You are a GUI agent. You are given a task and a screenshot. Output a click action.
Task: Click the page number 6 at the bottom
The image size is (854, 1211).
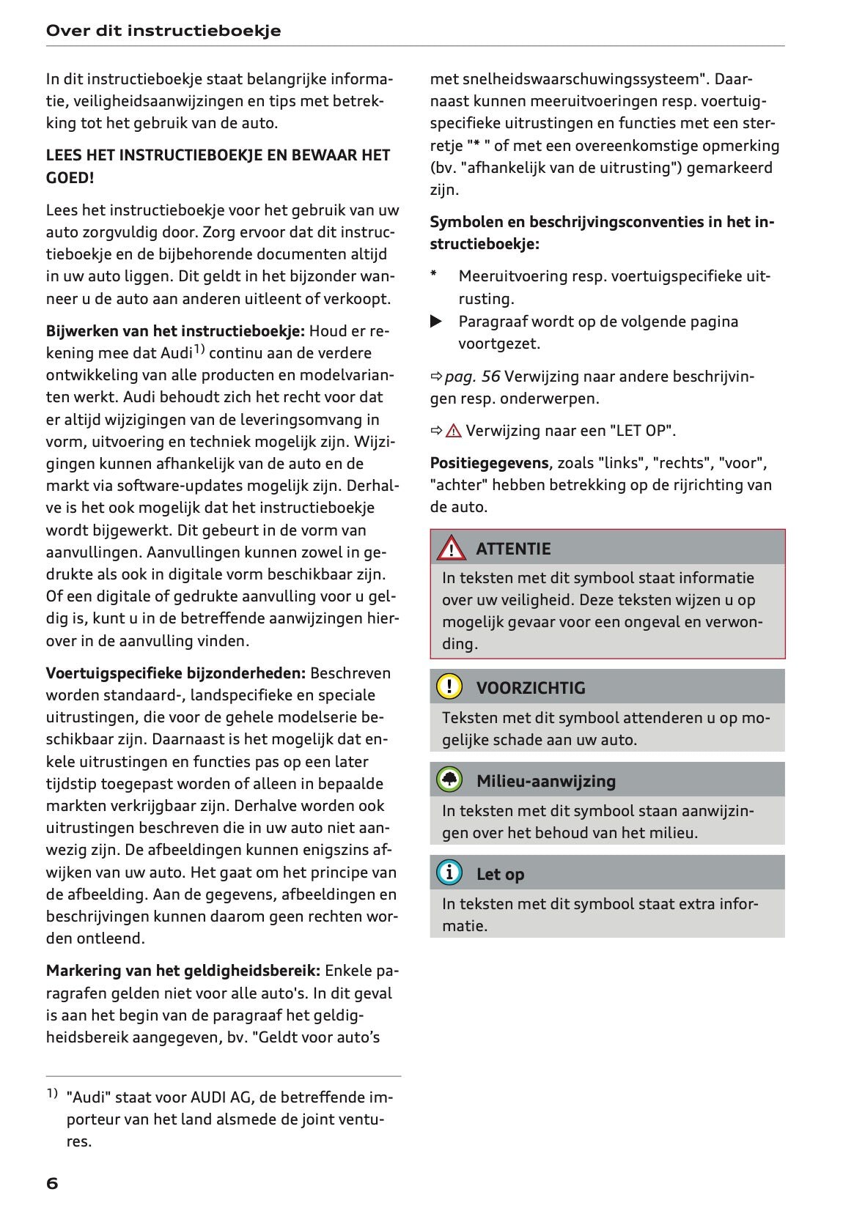[x=52, y=1183]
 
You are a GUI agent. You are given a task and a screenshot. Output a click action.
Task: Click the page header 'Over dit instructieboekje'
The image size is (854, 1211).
[x=163, y=31]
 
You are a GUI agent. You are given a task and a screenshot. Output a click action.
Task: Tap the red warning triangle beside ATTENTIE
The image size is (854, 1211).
[x=450, y=548]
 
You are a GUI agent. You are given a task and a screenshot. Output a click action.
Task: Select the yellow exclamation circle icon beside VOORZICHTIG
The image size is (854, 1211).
[x=449, y=686]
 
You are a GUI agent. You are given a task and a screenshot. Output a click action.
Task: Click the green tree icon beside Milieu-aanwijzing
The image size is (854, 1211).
[x=449, y=780]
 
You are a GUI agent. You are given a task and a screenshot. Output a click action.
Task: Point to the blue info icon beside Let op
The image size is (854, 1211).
[x=449, y=873]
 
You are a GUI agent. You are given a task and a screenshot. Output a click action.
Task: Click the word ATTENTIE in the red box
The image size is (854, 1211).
[x=513, y=549]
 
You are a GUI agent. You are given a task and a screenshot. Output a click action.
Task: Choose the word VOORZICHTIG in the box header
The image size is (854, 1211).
[x=531, y=688]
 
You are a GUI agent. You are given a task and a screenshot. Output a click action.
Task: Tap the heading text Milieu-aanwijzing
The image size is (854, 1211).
[x=546, y=781]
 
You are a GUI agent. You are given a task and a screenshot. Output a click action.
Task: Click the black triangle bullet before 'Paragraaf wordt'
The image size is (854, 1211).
[x=436, y=321]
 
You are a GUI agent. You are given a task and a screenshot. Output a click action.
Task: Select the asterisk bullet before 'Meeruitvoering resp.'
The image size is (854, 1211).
[x=434, y=275]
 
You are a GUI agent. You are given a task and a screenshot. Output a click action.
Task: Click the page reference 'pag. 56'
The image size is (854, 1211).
[x=472, y=377]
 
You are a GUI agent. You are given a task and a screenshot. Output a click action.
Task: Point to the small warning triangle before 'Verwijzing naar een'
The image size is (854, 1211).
[x=454, y=431]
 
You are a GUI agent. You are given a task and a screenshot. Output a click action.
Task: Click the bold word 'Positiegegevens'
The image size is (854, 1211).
[x=489, y=463]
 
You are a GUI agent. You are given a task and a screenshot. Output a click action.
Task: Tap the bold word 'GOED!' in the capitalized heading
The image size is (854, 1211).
[x=70, y=177]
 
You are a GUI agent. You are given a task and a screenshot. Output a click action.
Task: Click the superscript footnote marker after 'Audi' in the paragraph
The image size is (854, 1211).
[x=199, y=349]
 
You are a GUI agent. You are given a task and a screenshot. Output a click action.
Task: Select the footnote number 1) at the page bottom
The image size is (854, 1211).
[x=52, y=1094]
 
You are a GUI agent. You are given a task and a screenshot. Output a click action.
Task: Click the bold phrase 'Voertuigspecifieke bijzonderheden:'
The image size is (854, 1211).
[x=176, y=673]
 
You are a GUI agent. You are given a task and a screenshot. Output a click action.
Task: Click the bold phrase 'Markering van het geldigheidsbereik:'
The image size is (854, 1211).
[x=183, y=971]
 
